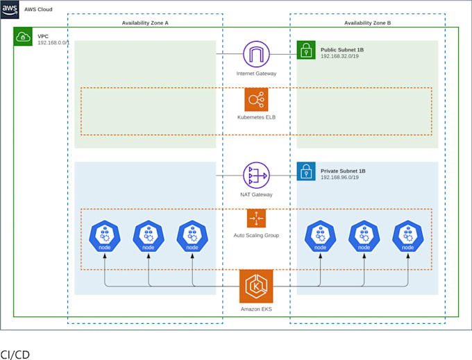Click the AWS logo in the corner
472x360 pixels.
coord(10,9)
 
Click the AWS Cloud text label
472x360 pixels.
coord(38,10)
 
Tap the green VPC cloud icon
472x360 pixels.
coord(23,37)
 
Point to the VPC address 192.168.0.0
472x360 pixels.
coord(58,43)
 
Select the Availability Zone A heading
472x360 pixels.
coord(145,23)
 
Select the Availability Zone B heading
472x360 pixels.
coord(367,23)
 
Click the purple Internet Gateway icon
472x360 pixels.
coord(256,54)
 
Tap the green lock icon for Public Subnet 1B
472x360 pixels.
coord(306,50)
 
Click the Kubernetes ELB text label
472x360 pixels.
coord(256,117)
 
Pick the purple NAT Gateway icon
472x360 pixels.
coord(256,175)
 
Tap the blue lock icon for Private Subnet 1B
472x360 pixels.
coord(306,171)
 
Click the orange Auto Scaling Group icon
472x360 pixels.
coord(256,218)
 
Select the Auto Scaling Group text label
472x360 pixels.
coord(256,235)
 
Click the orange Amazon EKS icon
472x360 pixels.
coord(256,286)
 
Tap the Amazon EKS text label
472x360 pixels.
coord(256,309)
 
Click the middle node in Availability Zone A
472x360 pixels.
coord(149,237)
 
